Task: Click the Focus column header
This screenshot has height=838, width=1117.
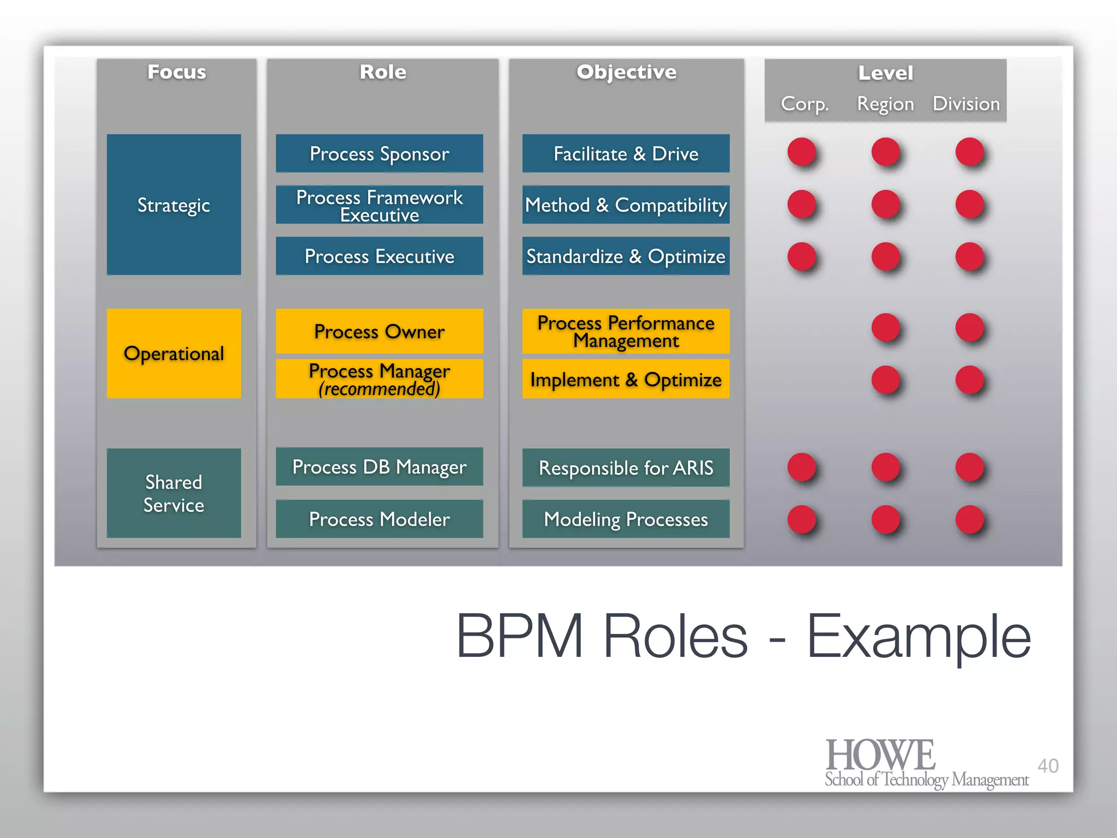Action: pos(177,72)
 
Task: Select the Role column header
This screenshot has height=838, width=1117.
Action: pos(383,72)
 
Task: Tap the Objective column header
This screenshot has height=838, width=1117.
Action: pos(627,72)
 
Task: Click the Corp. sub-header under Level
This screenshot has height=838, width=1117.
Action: pos(804,104)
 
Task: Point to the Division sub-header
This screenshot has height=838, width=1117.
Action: pos(966,104)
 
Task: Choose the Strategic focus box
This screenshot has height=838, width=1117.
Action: pos(173,205)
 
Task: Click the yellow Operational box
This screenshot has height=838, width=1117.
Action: pos(173,354)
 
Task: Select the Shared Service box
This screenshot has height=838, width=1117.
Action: pos(173,493)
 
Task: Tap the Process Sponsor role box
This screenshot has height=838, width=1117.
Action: pos(379,154)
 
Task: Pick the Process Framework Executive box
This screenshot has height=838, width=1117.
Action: pos(379,205)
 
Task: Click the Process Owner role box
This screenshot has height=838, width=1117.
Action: pos(379,331)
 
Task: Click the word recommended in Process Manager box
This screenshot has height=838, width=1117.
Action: pos(379,389)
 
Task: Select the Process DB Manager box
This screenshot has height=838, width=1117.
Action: pos(379,467)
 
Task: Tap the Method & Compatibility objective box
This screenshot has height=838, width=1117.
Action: pos(626,205)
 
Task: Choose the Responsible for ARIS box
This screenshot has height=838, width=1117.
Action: pos(626,468)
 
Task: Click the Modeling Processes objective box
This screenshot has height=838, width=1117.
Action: pos(626,519)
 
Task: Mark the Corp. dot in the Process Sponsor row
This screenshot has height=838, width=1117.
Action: pos(801,152)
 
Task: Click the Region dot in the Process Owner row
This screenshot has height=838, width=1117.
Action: pos(885,327)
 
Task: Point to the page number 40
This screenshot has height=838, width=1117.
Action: pos(1048,765)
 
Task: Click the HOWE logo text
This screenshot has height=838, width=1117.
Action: pos(880,755)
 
